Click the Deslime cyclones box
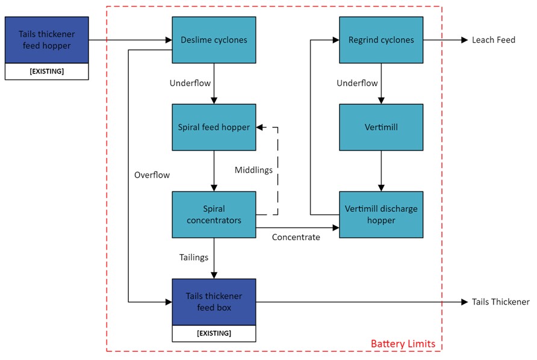(214, 40)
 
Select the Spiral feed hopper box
(214, 127)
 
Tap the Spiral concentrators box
(214, 215)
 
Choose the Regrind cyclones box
(381, 40)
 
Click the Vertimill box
(381, 127)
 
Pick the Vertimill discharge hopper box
(381, 215)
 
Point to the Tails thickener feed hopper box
(47, 40)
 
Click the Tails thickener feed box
(214, 302)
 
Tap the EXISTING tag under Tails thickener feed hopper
(47, 72)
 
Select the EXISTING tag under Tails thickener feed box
(214, 333)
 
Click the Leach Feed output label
(494, 40)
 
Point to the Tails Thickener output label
(501, 302)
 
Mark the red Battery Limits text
(403, 344)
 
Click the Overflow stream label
(152, 175)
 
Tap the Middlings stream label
(253, 170)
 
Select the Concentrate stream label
(296, 237)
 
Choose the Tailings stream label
(194, 257)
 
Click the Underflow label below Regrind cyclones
(357, 83)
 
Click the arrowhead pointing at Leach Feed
(465, 40)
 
